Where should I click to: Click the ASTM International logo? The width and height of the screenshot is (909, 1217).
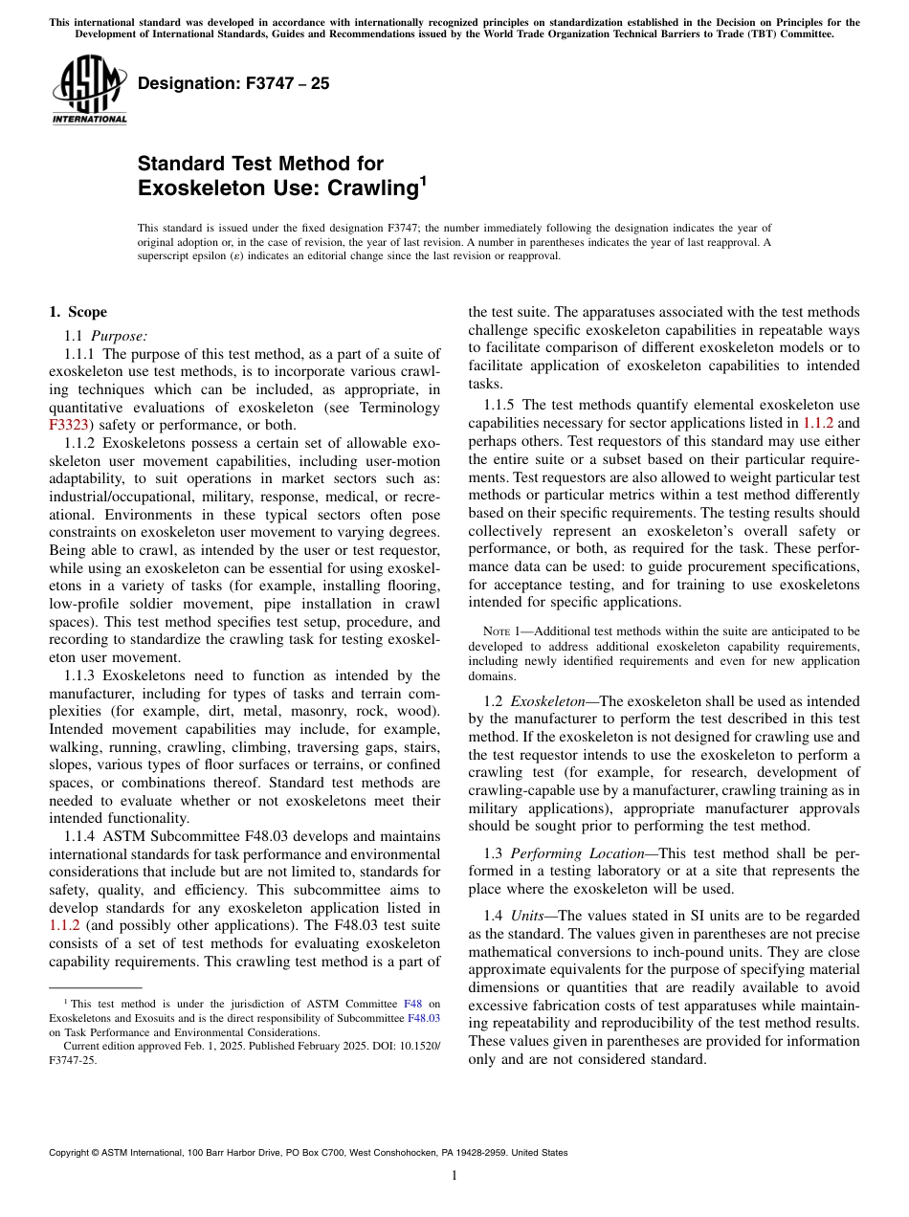click(89, 90)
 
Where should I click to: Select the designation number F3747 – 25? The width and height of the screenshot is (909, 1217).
click(233, 83)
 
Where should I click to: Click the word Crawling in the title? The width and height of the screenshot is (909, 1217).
click(360, 188)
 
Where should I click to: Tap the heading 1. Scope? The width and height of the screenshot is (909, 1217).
click(78, 312)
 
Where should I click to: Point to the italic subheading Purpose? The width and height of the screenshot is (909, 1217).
click(120, 335)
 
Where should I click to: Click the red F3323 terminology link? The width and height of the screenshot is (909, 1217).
click(67, 425)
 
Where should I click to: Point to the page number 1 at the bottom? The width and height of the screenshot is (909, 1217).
click(454, 1176)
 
